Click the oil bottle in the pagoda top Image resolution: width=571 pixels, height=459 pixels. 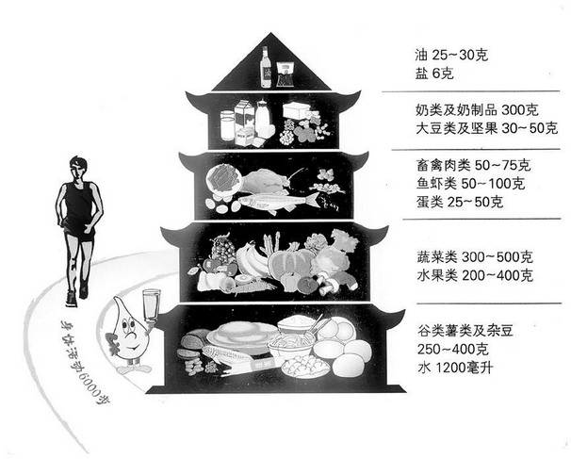pyautogui.click(x=266, y=68)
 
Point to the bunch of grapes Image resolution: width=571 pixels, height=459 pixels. pyautogui.click(x=223, y=249)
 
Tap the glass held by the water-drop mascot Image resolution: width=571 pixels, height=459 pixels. pyautogui.click(x=151, y=306)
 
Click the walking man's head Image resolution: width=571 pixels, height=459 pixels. pyautogui.click(x=78, y=169)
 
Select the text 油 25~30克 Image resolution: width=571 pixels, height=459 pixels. pyautogui.click(x=451, y=56)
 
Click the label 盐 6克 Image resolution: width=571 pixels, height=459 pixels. pyautogui.click(x=434, y=74)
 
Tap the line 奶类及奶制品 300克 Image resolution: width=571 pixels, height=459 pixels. pyautogui.click(x=477, y=110)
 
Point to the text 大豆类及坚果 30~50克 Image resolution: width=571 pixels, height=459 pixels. pyautogui.click(x=486, y=128)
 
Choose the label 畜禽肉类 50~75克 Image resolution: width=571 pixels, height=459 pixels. pyautogui.click(x=473, y=165)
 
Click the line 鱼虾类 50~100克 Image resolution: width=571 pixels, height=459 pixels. pyautogui.click(x=470, y=184)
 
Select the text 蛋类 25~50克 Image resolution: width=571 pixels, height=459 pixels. pyautogui.click(x=460, y=202)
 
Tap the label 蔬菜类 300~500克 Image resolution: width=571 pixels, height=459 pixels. pyautogui.click(x=475, y=257)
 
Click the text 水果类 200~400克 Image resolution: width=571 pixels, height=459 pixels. pyautogui.click(x=475, y=275)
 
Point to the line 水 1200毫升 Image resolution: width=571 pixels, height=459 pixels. pyautogui.click(x=455, y=368)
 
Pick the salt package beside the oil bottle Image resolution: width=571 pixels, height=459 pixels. pyautogui.click(x=285, y=74)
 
